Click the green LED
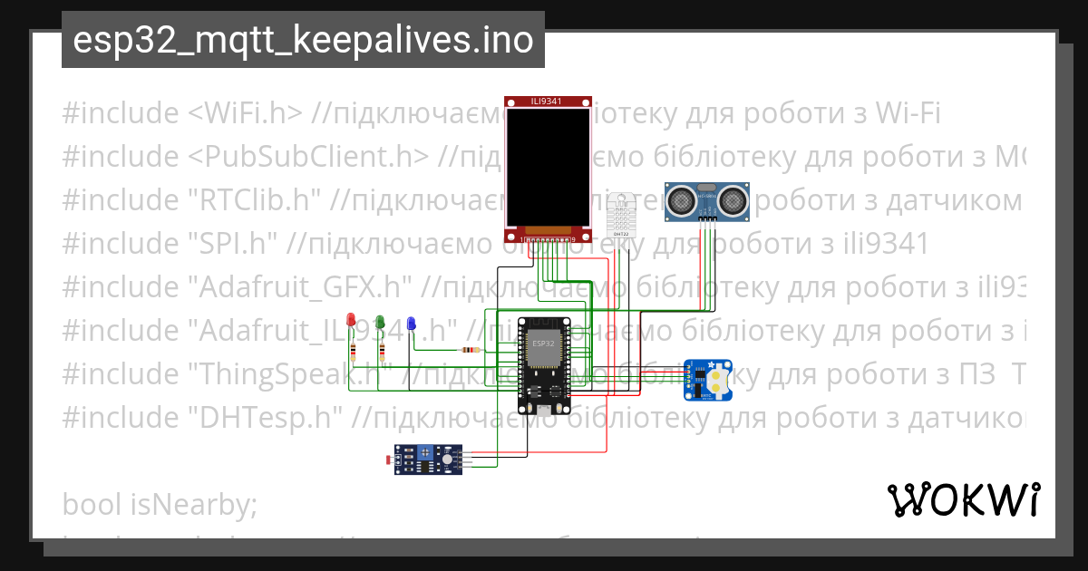point(381,322)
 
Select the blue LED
point(411,324)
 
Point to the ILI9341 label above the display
point(548,102)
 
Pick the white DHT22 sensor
point(621,216)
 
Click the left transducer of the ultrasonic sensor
point(681,198)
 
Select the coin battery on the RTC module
point(720,379)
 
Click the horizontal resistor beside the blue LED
point(471,349)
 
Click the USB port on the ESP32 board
point(541,411)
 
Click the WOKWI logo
point(963,499)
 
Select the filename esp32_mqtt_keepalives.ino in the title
point(303,40)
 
